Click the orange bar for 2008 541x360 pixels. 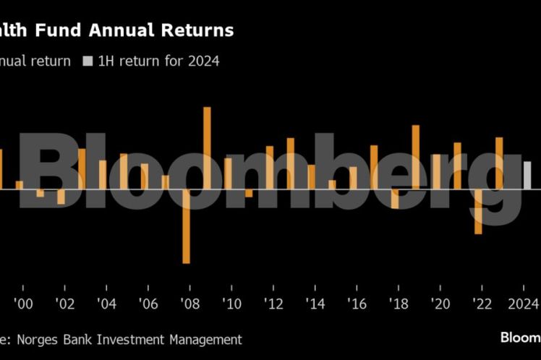pyautogui.click(x=186, y=226)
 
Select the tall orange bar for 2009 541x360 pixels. pyautogui.click(x=207, y=148)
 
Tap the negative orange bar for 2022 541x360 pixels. pyautogui.click(x=478, y=211)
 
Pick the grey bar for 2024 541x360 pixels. pyautogui.click(x=527, y=175)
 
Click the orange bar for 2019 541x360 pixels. pyautogui.click(x=415, y=157)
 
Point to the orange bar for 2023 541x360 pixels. pyautogui.click(x=499, y=163)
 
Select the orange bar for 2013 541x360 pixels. pyautogui.click(x=290, y=163)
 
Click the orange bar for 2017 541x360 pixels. pyautogui.click(x=374, y=167)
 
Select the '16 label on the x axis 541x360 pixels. pyautogui.click(x=357, y=303)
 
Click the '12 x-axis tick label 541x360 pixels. pyautogui.click(x=273, y=303)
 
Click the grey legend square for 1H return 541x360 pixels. pyautogui.click(x=88, y=61)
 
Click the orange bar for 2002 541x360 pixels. pyautogui.click(x=61, y=197)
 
